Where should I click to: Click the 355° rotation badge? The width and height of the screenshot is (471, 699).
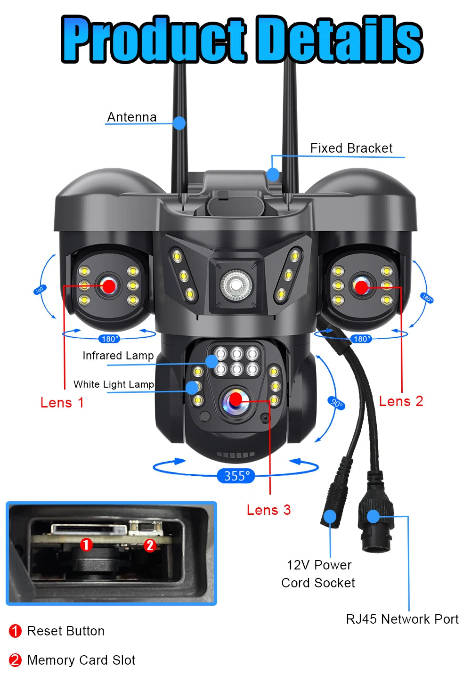(236, 476)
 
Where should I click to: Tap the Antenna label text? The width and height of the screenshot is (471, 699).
(132, 117)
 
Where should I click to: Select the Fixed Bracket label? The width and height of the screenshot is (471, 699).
(351, 148)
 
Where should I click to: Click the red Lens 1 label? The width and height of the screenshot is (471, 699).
(62, 403)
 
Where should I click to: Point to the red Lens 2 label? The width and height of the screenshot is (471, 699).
(401, 401)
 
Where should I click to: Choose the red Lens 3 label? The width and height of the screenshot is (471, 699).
(268, 510)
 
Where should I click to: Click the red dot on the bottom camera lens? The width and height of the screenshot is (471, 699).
(235, 400)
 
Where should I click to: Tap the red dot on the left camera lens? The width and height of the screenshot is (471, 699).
(109, 285)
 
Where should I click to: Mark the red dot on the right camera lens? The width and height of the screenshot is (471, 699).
(361, 287)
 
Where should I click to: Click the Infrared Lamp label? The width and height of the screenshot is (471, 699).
(118, 356)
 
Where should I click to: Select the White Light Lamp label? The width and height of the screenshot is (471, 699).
(114, 384)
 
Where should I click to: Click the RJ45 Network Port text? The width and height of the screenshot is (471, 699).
(402, 619)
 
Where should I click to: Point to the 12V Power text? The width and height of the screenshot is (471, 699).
(319, 565)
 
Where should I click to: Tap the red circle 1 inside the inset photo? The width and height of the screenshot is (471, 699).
(86, 545)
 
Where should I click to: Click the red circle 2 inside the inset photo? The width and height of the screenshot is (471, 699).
(150, 545)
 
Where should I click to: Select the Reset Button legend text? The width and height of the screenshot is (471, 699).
(66, 631)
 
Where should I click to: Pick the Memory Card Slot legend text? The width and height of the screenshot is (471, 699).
(81, 660)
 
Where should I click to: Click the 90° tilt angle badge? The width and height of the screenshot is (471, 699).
(336, 403)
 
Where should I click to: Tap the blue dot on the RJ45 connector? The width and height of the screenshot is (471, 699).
(373, 516)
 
